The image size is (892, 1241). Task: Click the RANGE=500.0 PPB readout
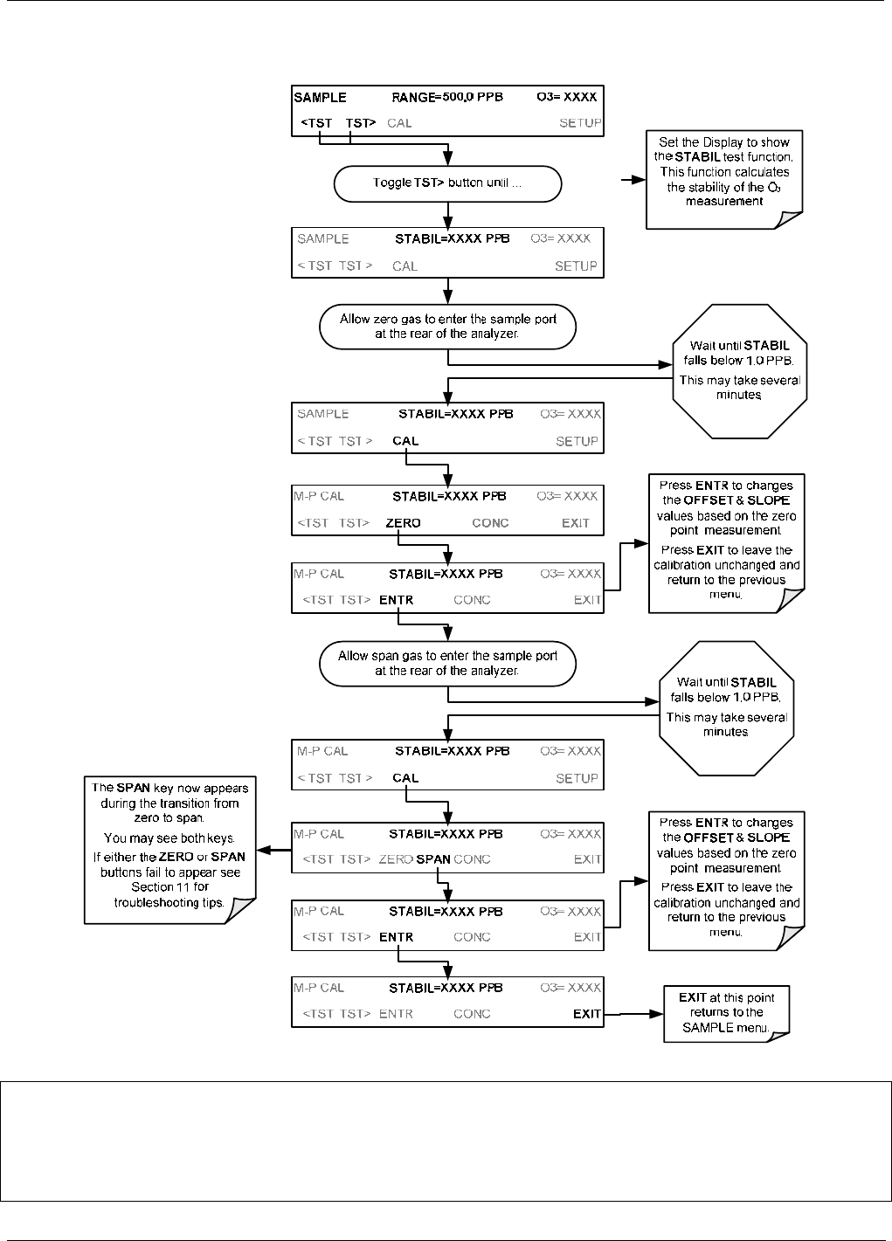[447, 98]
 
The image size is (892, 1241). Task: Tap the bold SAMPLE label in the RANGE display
[320, 98]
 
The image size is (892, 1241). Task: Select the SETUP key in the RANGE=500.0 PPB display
[580, 123]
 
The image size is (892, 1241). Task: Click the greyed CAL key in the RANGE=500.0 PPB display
[399, 123]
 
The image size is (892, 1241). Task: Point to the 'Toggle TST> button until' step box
[447, 183]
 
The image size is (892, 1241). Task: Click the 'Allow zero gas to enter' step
[447, 327]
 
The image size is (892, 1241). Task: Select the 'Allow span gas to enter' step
[447, 663]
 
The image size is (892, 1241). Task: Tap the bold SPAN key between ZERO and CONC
[433, 859]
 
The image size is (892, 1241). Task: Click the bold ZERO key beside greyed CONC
[403, 523]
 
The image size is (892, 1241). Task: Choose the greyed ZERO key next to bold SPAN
[396, 859]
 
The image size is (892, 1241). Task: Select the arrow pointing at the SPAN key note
[273, 850]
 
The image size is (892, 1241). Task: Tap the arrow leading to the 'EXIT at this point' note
[633, 1014]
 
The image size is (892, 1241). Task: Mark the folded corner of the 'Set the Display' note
[788, 219]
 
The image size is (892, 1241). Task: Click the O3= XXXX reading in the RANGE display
[567, 97]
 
